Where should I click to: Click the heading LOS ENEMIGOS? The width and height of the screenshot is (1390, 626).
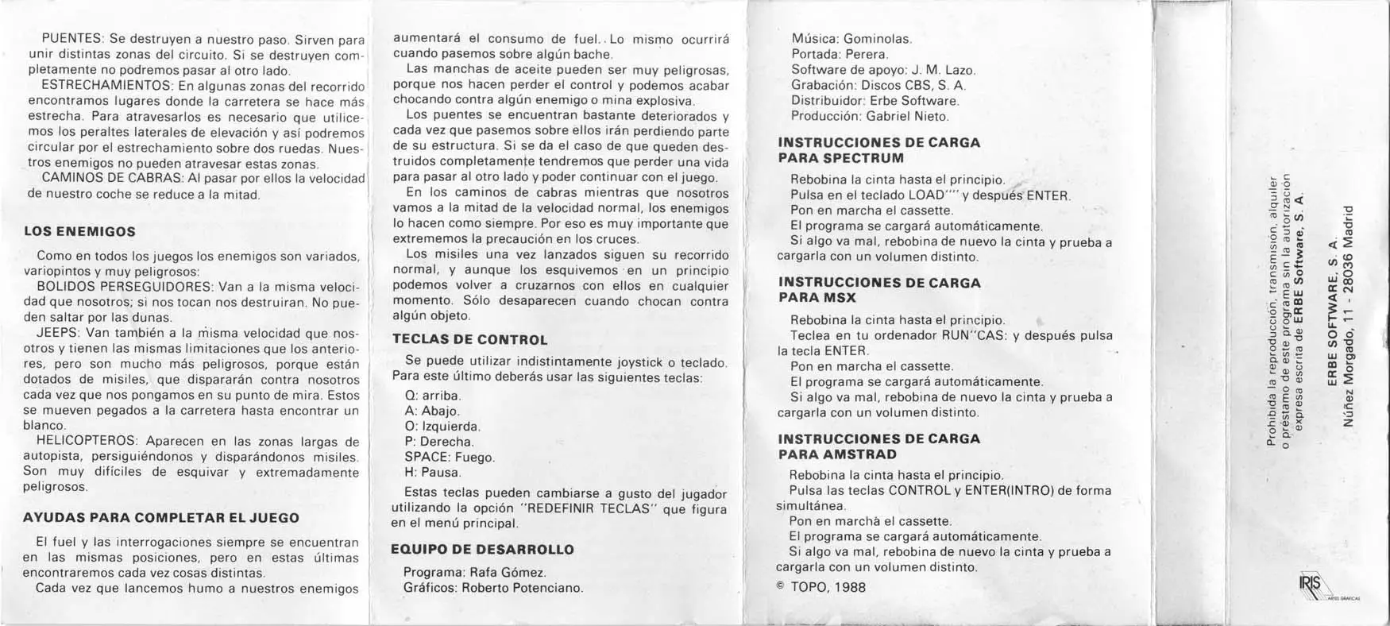pos(79,232)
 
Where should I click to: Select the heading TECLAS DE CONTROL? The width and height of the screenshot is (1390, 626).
pos(470,340)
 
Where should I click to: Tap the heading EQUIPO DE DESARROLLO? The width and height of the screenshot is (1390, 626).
pos(483,550)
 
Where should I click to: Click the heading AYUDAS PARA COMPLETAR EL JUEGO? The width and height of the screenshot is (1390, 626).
pos(161,518)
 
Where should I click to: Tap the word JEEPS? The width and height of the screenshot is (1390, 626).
pos(57,333)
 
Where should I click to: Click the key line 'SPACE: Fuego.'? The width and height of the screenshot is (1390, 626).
pos(450,458)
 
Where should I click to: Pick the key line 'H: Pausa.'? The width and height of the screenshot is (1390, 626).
pos(432,473)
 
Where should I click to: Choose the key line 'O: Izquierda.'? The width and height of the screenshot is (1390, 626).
pos(442,427)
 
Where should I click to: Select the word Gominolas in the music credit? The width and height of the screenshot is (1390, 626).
pos(878,38)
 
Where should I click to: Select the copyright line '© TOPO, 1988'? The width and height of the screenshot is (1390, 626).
pos(820,588)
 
